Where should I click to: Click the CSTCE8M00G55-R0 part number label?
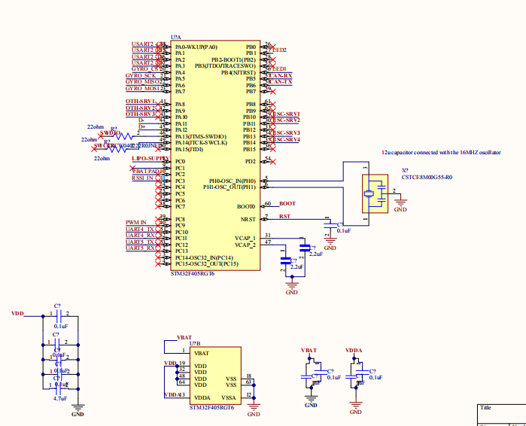[x=427, y=178]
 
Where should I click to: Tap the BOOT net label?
[x=287, y=204]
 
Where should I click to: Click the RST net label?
[x=284, y=217]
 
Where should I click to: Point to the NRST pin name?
[x=248, y=219]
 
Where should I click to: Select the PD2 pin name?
[x=251, y=161]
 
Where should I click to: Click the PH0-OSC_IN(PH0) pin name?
[x=233, y=181]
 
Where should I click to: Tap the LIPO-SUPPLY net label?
[x=147, y=160]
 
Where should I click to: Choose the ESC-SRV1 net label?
[x=287, y=114]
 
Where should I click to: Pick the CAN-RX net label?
[x=281, y=75]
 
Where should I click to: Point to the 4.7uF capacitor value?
[x=61, y=398]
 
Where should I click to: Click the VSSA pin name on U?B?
[x=230, y=397]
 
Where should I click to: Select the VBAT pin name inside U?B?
[x=202, y=352]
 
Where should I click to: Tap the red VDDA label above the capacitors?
[x=354, y=351]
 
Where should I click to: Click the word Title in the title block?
[x=486, y=407]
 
